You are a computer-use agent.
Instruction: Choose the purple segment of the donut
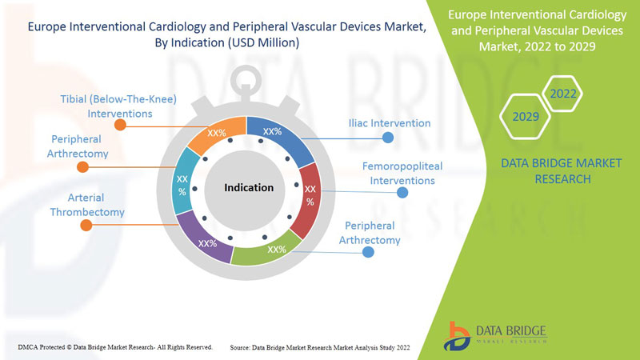click(204, 240)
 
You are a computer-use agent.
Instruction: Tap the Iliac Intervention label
click(390, 123)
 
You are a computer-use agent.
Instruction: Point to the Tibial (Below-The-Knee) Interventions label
click(118, 106)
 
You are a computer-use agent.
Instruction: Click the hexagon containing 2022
click(562, 94)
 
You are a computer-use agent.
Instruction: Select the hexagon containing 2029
click(525, 117)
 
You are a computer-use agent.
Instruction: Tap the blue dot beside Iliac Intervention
click(388, 138)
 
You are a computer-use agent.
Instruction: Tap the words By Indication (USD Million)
click(231, 43)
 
